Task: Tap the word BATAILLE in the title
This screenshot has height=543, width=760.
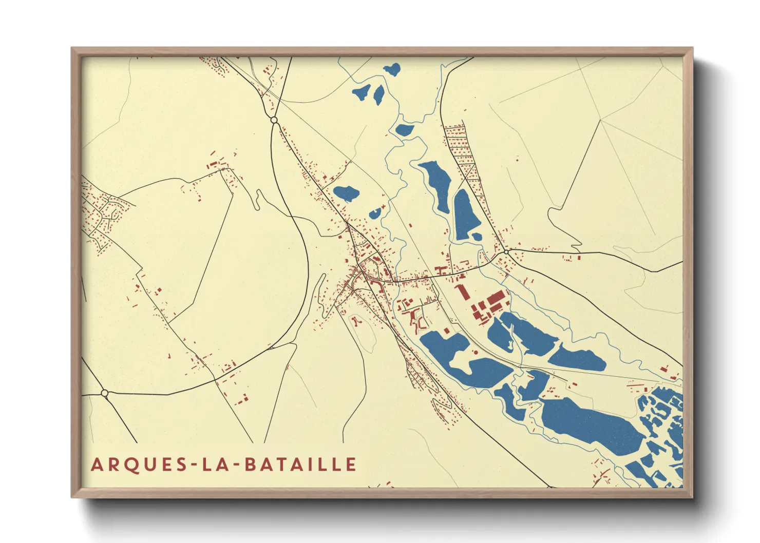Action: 300,464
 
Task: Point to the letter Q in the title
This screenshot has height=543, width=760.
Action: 125,465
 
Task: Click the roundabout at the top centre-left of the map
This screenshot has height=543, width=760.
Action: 274,120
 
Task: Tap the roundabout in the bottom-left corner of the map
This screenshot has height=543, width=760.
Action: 105,394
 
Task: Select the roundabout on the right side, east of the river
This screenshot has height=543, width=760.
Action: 507,252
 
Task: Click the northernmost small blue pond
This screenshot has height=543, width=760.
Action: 391,69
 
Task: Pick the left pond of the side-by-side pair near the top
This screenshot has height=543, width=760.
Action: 362,92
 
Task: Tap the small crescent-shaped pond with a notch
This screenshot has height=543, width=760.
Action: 375,213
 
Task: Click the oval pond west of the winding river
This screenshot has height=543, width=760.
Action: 346,193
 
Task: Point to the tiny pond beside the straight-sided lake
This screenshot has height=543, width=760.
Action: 477,237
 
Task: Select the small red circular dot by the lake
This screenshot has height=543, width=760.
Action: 476,353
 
